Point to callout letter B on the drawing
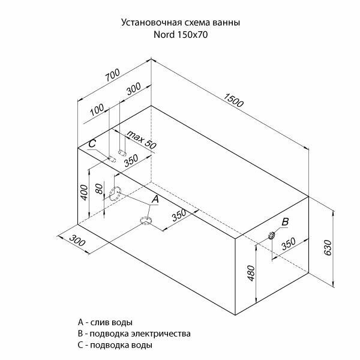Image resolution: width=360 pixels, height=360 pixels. click(x=285, y=222)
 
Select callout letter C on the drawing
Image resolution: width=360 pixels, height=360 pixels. click(x=92, y=144)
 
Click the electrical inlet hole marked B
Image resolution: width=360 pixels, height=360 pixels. click(x=271, y=235)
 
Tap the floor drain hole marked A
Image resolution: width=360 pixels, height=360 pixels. click(x=146, y=221)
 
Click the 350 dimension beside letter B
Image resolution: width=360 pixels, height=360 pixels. click(x=288, y=242)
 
